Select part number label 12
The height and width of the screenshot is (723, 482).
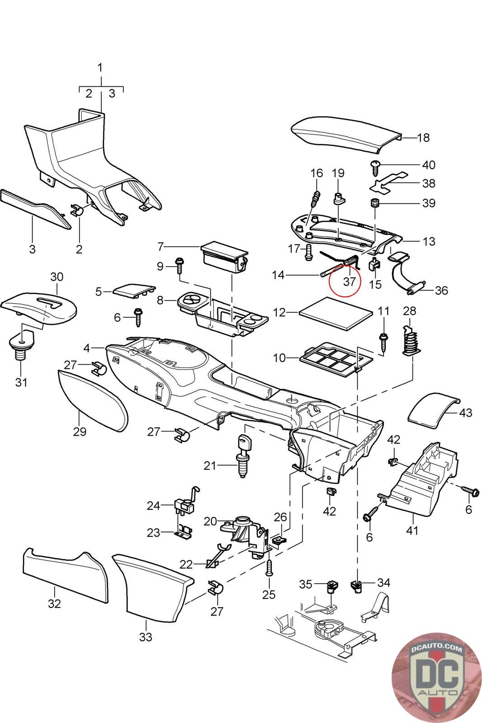pyautogui.click(x=280, y=312)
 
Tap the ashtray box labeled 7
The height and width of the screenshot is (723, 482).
pyautogui.click(x=225, y=257)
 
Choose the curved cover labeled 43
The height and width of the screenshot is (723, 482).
pyautogui.click(x=434, y=412)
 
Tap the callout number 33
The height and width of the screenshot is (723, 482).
pyautogui.click(x=145, y=637)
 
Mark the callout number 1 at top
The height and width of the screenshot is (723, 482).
pyautogui.click(x=100, y=68)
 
